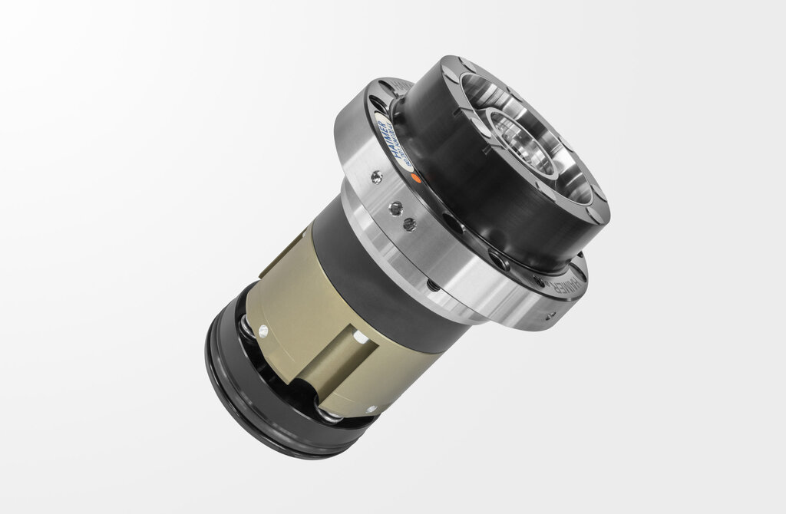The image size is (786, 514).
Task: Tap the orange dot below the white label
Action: [x=415, y=177]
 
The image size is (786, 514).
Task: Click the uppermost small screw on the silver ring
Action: [x=375, y=177]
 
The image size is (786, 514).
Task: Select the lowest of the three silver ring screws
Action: [x=410, y=224]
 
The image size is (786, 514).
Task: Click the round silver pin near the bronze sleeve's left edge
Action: [x=263, y=332]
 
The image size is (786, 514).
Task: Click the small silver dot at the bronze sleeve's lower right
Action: [x=371, y=409]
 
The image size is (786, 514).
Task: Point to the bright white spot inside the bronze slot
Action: [x=357, y=337]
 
